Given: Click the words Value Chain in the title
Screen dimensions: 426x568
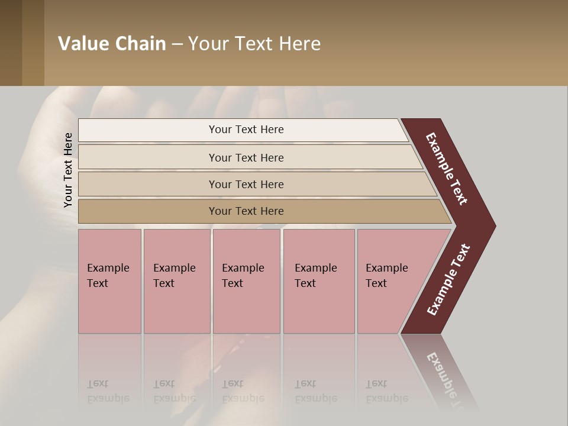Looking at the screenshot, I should coord(112,44).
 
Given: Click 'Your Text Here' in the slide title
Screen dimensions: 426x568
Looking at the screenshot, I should coord(254,44).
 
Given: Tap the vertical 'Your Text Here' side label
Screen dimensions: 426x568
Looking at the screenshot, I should coord(68,170).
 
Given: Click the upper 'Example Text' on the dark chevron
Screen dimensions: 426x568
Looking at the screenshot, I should coord(447,169).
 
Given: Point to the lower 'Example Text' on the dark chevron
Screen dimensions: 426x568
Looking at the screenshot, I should coord(448,280).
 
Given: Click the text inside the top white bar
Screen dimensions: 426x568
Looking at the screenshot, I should coord(246,130).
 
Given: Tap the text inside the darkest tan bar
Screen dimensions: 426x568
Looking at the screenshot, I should coord(246,211).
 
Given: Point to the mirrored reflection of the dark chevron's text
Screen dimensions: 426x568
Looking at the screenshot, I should coord(450,379).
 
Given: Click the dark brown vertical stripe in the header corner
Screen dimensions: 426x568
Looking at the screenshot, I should coord(11,43).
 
